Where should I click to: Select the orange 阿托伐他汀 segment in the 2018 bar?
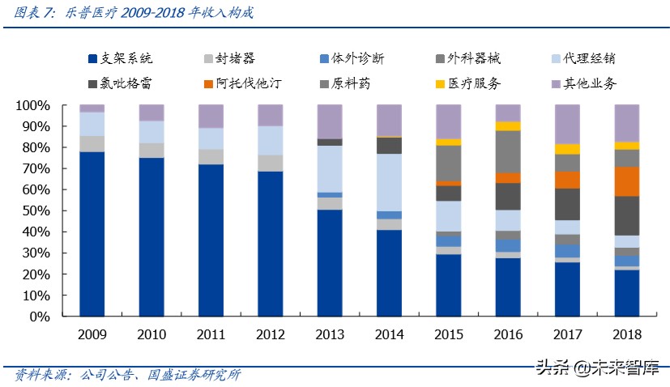click(x=627, y=181)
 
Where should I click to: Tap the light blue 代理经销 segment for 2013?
click(x=330, y=168)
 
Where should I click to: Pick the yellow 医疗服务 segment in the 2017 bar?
click(x=568, y=149)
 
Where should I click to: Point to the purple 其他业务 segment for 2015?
click(x=449, y=121)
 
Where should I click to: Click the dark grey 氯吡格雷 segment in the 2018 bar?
click(x=627, y=215)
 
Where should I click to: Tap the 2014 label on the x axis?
click(x=389, y=334)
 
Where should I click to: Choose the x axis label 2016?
click(x=508, y=334)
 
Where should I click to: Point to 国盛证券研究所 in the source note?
click(x=194, y=374)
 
